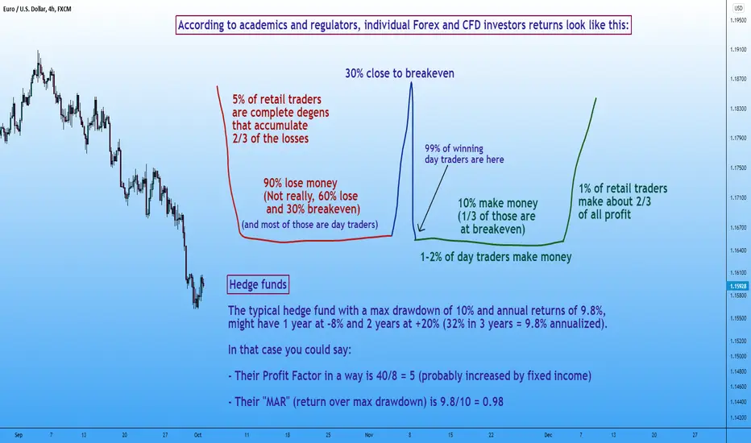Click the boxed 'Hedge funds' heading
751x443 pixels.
pyautogui.click(x=258, y=284)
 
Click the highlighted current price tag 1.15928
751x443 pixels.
pyautogui.click(x=738, y=287)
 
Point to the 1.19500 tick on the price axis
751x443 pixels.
pyautogui.click(x=738, y=20)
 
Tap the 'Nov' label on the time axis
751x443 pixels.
pyautogui.click(x=369, y=435)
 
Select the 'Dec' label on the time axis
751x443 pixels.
pyautogui.click(x=548, y=435)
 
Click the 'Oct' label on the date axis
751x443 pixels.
pyautogui.click(x=197, y=435)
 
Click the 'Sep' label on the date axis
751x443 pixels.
pyautogui.click(x=19, y=435)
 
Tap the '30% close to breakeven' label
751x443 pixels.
pyautogui.click(x=400, y=73)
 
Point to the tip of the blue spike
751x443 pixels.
pyautogui.click(x=411, y=82)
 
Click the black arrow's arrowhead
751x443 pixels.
pyautogui.click(x=420, y=227)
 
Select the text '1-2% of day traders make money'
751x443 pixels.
pyautogui.click(x=496, y=257)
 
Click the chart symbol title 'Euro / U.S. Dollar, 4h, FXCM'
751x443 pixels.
pyautogui.click(x=37, y=9)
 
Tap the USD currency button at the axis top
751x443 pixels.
pyautogui.click(x=738, y=8)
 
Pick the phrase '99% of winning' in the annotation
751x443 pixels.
pyautogui.click(x=454, y=148)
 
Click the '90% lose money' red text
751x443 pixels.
pyautogui.click(x=301, y=183)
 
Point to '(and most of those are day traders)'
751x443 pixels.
pyautogui.click(x=309, y=224)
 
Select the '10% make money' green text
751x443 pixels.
pyautogui.click(x=498, y=203)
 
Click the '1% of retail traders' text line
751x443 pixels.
pyautogui.click(x=623, y=188)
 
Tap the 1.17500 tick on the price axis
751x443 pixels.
pyautogui.click(x=738, y=168)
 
